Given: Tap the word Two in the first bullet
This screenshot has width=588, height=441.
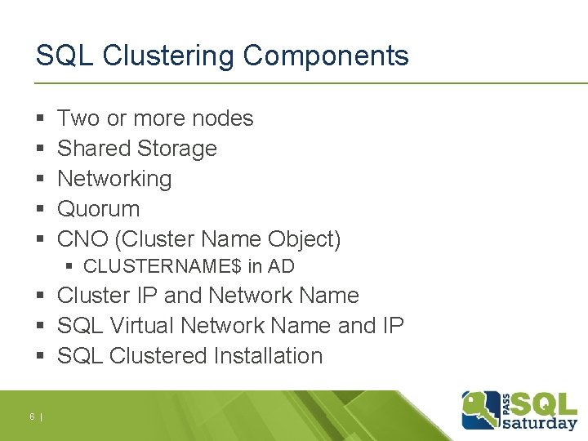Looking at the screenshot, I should pos(78,118).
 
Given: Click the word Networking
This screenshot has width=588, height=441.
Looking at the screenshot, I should pos(114,179).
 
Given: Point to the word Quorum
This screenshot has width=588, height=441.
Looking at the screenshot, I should pos(98,209).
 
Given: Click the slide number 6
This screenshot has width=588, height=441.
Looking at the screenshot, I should pos(32,417).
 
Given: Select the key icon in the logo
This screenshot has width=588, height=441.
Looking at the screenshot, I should pos(481,408).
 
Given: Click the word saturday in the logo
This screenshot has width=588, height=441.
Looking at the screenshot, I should pos(541,422).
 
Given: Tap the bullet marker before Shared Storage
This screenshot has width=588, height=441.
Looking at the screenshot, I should pos(40,149).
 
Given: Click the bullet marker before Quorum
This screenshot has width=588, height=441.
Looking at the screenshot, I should pos(40,210).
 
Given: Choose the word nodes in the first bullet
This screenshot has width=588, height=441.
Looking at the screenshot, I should pos(223,118).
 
